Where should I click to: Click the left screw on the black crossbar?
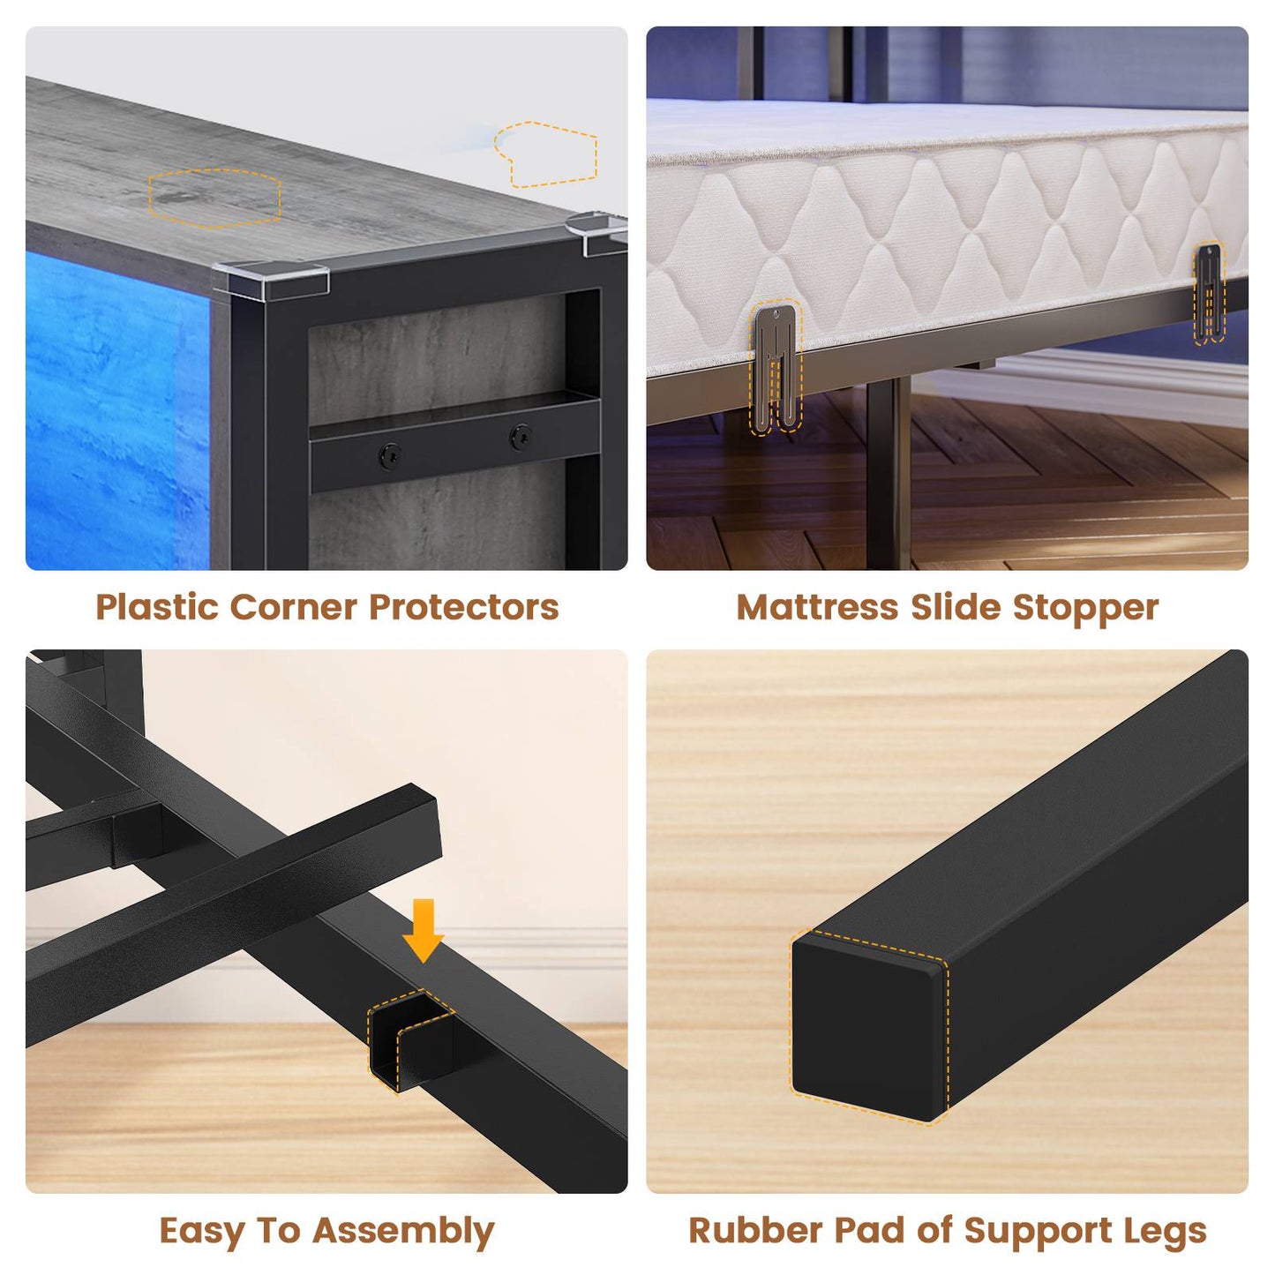(390, 455)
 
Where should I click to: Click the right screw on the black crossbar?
(521, 436)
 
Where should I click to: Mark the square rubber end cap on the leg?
(868, 1028)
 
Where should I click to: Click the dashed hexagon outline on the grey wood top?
(214, 199)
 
